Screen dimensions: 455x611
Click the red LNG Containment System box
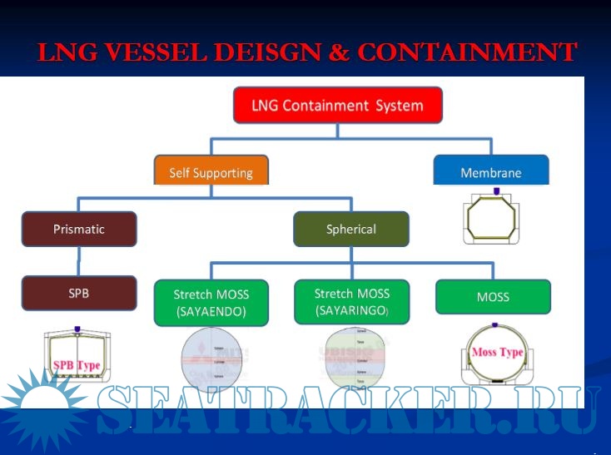[x=337, y=106]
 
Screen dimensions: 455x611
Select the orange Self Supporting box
[x=211, y=173]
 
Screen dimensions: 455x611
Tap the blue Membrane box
[x=491, y=173]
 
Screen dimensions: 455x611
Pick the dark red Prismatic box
[x=79, y=228]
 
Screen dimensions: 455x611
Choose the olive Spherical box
[x=350, y=229]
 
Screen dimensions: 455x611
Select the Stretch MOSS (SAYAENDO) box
[x=211, y=302]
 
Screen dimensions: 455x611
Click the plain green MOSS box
[x=493, y=297]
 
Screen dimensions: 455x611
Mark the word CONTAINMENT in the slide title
[x=466, y=52]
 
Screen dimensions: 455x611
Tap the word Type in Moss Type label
[x=510, y=352]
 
